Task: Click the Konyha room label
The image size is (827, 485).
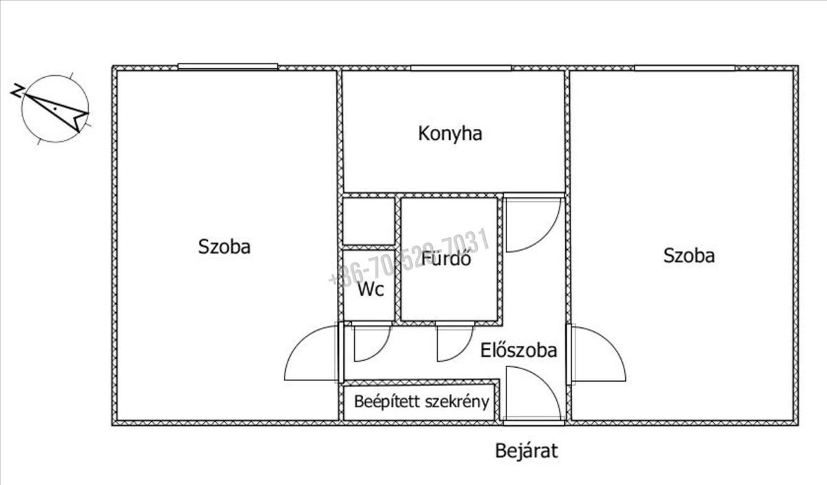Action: [450, 134]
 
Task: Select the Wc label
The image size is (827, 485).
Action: [370, 289]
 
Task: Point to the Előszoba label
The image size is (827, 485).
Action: [518, 351]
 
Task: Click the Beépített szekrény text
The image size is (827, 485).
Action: [422, 402]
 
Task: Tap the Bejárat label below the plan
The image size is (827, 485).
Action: [527, 451]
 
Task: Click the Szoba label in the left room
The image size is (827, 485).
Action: [224, 247]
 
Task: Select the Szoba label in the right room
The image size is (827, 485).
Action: [688, 256]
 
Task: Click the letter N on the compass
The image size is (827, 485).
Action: [17, 90]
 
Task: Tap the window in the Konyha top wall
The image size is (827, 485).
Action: [461, 68]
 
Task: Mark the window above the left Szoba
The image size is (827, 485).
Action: [227, 67]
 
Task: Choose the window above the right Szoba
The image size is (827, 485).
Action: [684, 68]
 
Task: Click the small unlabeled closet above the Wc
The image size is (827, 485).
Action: [369, 222]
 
